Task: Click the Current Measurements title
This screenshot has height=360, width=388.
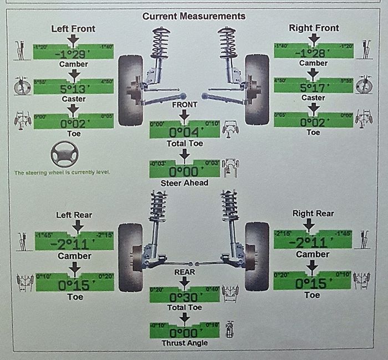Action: [193, 16]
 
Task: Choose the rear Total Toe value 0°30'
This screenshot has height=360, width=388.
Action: [185, 296]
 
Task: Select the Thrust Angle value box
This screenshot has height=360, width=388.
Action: [185, 332]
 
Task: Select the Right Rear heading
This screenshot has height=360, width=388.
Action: [313, 213]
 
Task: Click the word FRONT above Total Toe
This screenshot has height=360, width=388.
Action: [185, 105]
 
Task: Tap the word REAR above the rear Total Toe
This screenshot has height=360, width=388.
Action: [185, 271]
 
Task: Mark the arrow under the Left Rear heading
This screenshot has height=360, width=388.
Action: [77, 225]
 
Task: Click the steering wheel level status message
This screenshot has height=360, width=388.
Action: [62, 172]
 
